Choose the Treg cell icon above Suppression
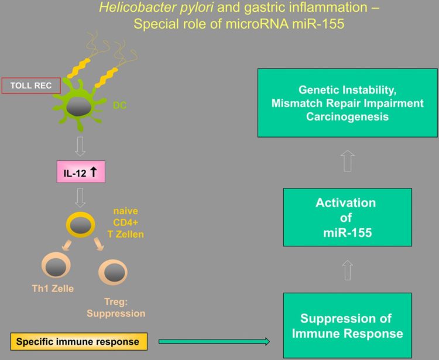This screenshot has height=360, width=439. click(112, 272)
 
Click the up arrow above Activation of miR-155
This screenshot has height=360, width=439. click(347, 160)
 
